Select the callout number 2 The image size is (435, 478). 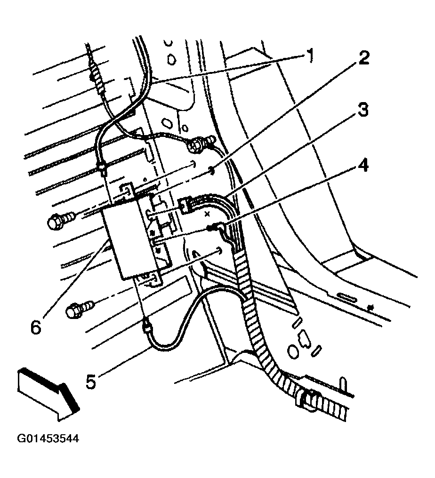[x=363, y=59]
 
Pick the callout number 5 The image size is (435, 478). [x=90, y=380]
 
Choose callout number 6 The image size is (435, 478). [x=35, y=326]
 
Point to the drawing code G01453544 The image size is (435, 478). [x=48, y=439]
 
